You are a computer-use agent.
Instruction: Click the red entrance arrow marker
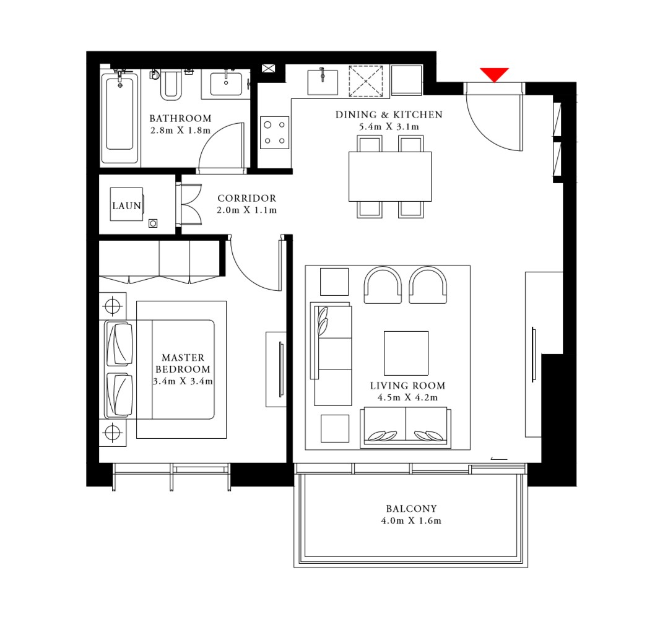(494, 74)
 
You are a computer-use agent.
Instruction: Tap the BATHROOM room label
(180, 118)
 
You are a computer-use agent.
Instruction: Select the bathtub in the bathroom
(119, 116)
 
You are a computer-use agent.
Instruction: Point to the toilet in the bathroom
(171, 86)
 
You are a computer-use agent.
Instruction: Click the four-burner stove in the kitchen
(274, 132)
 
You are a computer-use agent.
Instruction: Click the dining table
(389, 176)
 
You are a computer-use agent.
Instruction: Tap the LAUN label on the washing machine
(126, 206)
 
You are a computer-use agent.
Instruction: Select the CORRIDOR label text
(246, 199)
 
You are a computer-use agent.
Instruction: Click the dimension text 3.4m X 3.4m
(183, 381)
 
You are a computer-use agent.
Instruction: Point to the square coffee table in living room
(406, 353)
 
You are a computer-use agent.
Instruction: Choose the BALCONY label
(411, 509)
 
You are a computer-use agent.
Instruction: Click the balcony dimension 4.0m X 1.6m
(411, 521)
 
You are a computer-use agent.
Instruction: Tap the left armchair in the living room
(383, 285)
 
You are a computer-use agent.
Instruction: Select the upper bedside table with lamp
(112, 306)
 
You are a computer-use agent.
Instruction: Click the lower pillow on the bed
(119, 394)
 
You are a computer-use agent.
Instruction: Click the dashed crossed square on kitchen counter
(366, 81)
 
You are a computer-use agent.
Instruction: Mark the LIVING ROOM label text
(407, 386)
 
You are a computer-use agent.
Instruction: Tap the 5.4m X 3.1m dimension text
(389, 127)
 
